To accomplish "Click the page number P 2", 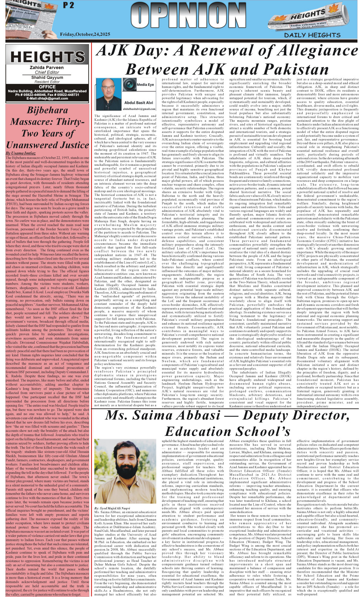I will coord(69,6).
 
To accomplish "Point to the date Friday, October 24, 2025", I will coord(85,34).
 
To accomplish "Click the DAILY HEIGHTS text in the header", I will coord(312,35).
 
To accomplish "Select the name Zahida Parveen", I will coord(47,68).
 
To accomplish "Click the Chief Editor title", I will coord(47,72).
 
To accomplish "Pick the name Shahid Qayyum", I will coord(47,77).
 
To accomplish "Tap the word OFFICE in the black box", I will coord(47,87).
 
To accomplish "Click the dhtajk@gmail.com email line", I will coord(47,98).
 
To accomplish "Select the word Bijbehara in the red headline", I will coord(47,110).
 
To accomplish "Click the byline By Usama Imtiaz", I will coord(21,153).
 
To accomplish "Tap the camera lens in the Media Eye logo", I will coord(129,84).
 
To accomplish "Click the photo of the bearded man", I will coord(125,471).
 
